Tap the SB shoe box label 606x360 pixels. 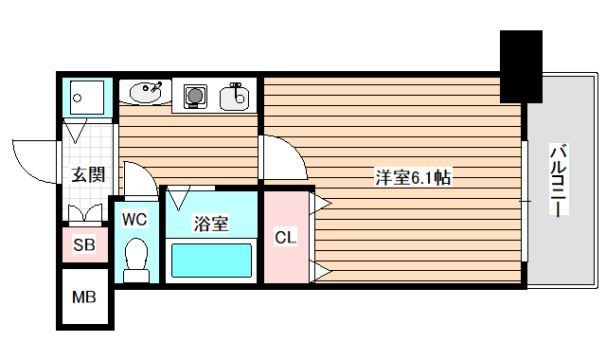point(84,245)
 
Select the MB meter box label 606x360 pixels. point(84,297)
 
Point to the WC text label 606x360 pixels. point(134,219)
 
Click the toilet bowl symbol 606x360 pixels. point(137,258)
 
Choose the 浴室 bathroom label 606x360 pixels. point(210,225)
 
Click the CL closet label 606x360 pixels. point(285,237)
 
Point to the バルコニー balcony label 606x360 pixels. point(559,180)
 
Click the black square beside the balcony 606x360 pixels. point(521,65)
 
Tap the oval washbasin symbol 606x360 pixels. point(144,94)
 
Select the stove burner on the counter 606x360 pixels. point(195,96)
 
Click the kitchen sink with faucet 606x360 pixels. point(235,96)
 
